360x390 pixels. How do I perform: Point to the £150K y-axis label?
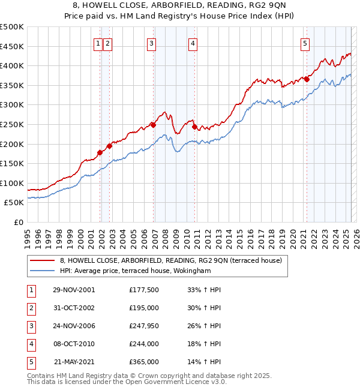click(x=12, y=163)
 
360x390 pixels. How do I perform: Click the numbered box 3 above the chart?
click(x=151, y=43)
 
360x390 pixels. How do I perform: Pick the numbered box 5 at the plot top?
click(x=305, y=43)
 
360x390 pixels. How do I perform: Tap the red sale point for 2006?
click(x=153, y=125)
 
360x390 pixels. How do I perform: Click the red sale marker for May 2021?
click(x=307, y=79)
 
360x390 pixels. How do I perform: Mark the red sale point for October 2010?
click(x=194, y=126)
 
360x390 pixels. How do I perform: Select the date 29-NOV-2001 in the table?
click(x=74, y=290)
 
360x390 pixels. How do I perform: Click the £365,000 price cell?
click(x=144, y=362)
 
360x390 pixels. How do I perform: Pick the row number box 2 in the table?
click(x=30, y=308)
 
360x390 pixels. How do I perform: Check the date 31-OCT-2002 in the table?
click(x=74, y=308)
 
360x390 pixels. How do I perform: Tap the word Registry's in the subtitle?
click(x=202, y=16)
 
